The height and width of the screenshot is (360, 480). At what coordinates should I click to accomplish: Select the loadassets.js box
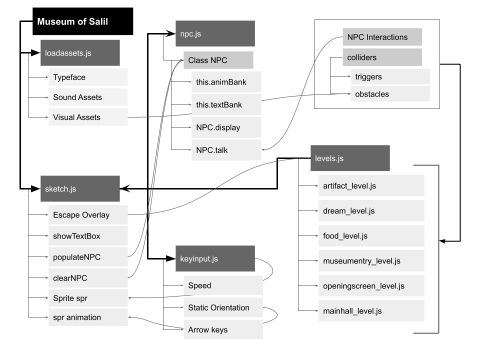80,53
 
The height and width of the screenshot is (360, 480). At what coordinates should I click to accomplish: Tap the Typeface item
88,77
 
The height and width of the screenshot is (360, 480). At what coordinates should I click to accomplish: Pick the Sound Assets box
88,97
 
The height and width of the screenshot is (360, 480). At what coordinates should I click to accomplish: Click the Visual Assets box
88,117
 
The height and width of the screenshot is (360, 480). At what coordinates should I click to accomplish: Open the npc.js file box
215,34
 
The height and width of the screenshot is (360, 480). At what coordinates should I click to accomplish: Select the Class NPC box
218,60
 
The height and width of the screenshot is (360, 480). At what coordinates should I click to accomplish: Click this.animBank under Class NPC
226,81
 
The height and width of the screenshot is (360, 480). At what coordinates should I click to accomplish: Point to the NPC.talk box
226,149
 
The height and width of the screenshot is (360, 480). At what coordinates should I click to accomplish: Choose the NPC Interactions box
382,37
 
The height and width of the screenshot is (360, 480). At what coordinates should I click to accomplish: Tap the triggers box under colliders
389,76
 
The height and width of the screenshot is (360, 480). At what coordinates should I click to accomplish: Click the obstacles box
389,93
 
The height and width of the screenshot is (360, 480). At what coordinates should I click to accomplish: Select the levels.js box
349,158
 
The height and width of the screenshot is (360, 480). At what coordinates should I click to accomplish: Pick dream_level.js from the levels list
371,210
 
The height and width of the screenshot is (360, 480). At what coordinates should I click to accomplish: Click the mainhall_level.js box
371,310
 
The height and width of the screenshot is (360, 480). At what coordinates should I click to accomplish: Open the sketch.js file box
80,188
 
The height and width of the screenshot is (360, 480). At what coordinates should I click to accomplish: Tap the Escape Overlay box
88,215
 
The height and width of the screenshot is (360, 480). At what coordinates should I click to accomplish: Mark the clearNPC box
88,276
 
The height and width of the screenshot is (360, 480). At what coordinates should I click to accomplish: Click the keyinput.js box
215,258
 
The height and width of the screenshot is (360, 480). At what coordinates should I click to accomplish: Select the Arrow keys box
223,330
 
